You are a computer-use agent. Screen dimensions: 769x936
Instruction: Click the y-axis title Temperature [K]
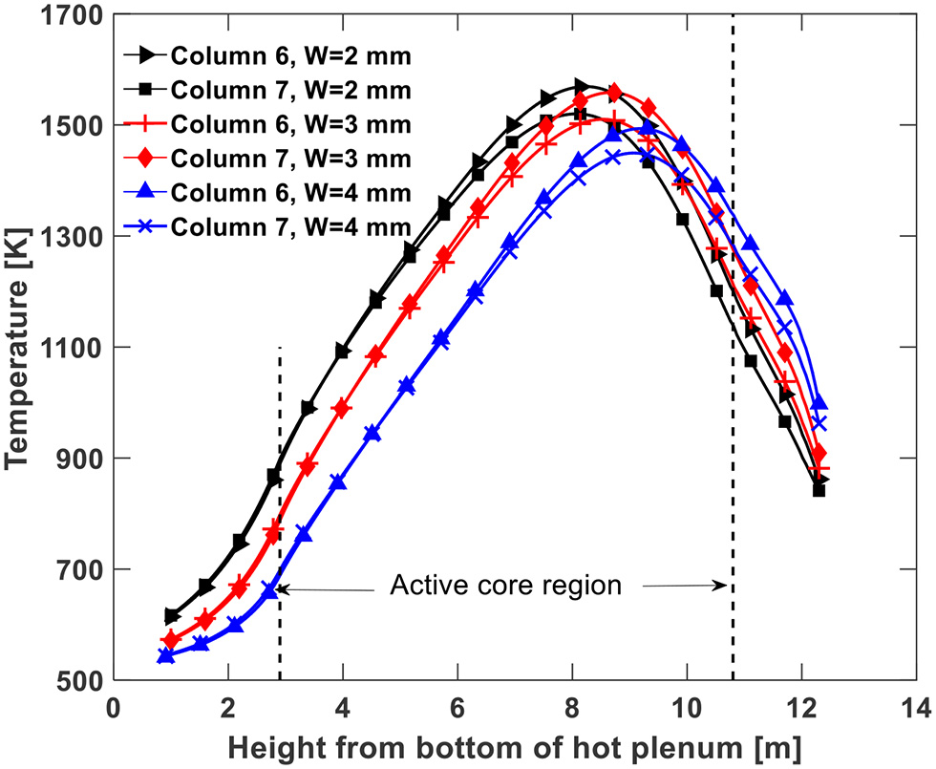click(x=21, y=348)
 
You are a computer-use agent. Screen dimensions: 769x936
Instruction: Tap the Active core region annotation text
click(x=505, y=586)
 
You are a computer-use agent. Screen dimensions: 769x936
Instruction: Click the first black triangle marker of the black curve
click(x=172, y=616)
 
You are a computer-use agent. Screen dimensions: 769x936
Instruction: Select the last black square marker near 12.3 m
click(x=819, y=490)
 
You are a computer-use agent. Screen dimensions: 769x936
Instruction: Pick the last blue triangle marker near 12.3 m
click(x=819, y=402)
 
